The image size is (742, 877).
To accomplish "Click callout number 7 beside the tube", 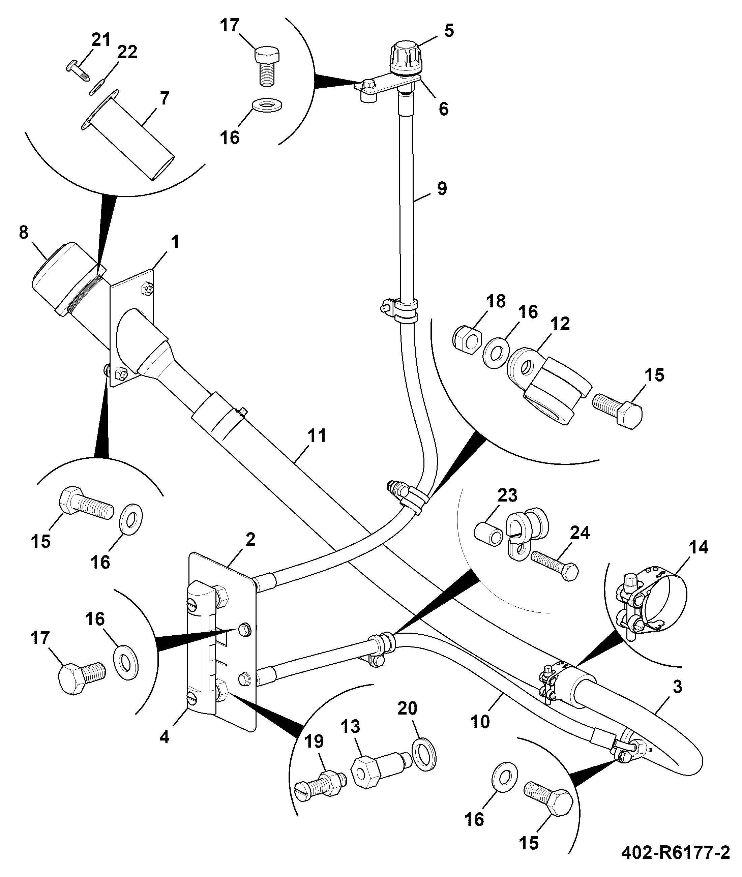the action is click(x=165, y=98).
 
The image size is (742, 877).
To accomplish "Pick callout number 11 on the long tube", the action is click(x=317, y=436).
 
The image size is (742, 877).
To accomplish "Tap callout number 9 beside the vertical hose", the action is click(x=442, y=188).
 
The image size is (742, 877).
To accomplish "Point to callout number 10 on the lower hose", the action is click(x=480, y=722).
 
